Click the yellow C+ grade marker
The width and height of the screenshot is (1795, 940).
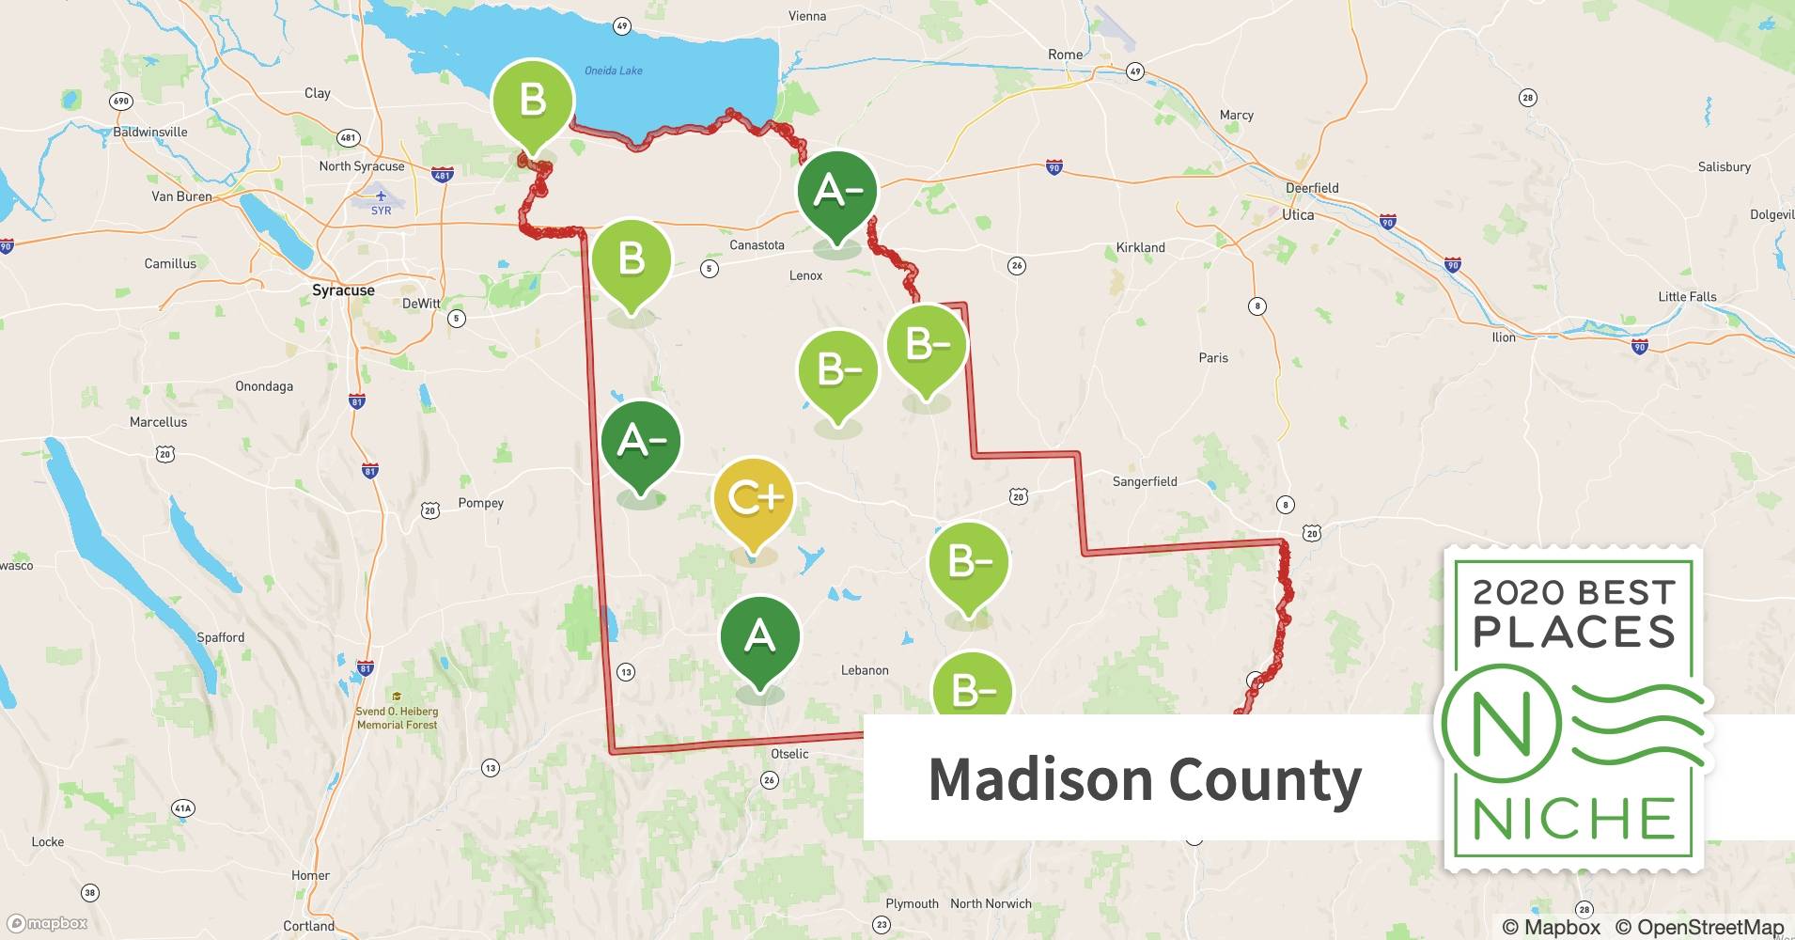(754, 498)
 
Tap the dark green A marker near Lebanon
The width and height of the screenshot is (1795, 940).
(759, 637)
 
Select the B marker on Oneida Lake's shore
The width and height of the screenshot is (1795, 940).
(532, 99)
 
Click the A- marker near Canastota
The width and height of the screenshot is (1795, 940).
(836, 191)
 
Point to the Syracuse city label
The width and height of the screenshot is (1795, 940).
(343, 290)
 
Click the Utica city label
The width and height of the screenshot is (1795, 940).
(1298, 214)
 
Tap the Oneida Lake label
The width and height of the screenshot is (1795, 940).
(613, 70)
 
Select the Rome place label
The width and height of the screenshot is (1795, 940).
(1065, 55)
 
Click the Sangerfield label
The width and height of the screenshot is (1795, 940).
(1144, 481)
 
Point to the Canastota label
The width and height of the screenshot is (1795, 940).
(757, 245)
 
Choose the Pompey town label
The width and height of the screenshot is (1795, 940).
(480, 503)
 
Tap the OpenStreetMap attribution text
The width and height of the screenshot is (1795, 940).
(1695, 927)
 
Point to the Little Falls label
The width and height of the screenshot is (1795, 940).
(1687, 297)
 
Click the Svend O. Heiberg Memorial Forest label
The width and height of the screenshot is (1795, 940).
(397, 717)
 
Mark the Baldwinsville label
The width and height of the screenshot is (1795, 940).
(150, 132)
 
